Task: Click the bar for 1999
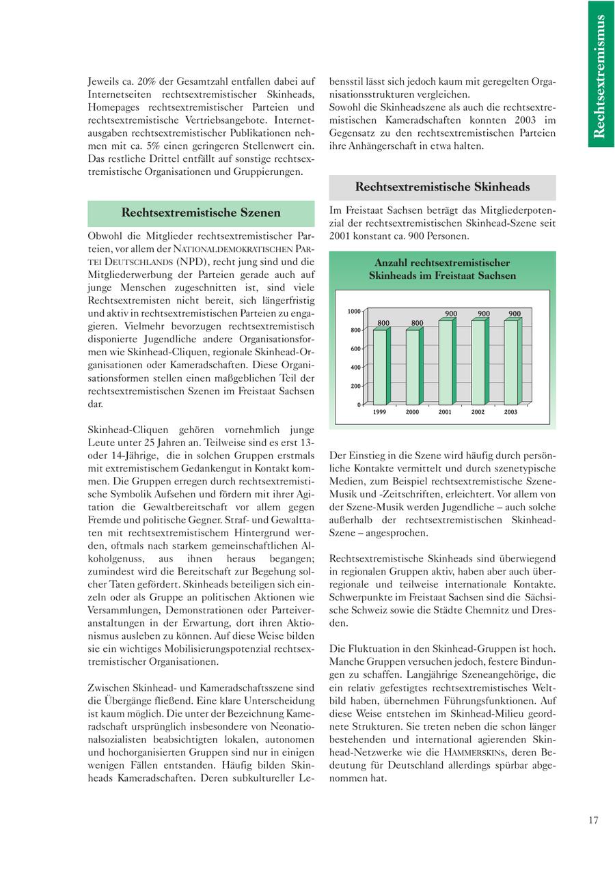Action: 380,367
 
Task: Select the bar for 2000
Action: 413,367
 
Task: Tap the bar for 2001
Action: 446,362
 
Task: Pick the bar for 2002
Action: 478,362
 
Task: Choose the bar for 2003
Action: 511,362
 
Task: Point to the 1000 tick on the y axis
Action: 354,312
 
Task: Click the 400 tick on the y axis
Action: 355,368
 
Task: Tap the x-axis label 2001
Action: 445,413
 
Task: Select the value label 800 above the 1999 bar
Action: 384,322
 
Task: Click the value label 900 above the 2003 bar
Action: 514,314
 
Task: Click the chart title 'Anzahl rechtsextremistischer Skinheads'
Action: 442,269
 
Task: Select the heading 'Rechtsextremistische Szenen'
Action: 201,213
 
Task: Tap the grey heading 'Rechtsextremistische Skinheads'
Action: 442,187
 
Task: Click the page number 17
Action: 592,820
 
